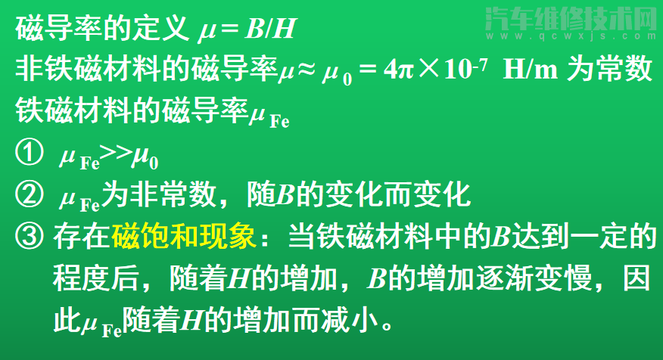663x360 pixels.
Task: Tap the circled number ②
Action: (28, 196)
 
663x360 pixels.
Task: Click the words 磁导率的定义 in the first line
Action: (101, 30)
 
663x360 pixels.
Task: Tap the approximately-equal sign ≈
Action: (307, 71)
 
